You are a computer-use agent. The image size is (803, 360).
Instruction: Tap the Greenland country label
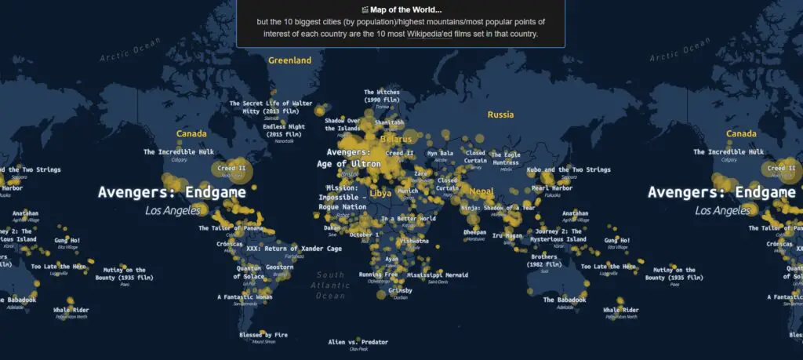coord(289,60)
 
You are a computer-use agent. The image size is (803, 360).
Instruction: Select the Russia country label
coord(500,115)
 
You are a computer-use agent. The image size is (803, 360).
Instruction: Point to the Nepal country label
coord(481,191)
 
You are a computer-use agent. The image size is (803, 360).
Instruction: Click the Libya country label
coord(380,192)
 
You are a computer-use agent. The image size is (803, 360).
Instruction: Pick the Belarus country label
coord(395,139)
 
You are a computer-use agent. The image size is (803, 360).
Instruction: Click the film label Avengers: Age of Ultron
coord(349,158)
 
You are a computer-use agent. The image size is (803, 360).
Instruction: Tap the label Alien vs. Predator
coord(358,343)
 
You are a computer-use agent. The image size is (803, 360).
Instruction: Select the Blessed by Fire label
coord(263,335)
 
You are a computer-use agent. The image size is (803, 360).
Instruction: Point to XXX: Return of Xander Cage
coord(294,249)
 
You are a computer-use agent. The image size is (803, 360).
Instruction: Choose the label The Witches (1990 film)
coord(382,96)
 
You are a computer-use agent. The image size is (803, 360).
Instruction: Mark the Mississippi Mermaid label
coord(438,275)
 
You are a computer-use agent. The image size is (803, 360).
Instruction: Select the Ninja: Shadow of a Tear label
coord(498,208)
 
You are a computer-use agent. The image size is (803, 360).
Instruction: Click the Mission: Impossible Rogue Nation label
coord(342,198)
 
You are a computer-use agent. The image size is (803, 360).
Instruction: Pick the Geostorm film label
coord(280,267)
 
